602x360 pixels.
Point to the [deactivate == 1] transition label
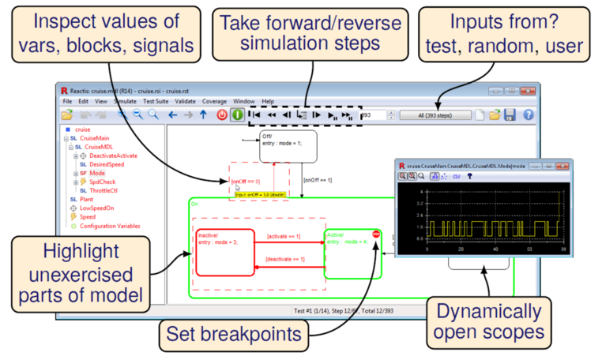[x=286, y=260]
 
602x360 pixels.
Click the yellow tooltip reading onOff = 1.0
[x=257, y=193]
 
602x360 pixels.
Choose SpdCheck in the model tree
[x=100, y=182]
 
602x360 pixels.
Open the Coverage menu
[x=214, y=102]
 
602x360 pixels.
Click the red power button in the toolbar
[x=223, y=115]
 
